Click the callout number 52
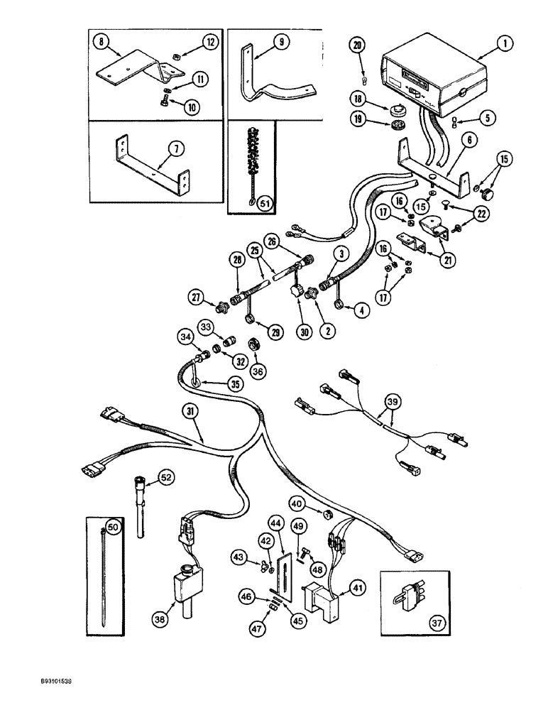pyautogui.click(x=165, y=479)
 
